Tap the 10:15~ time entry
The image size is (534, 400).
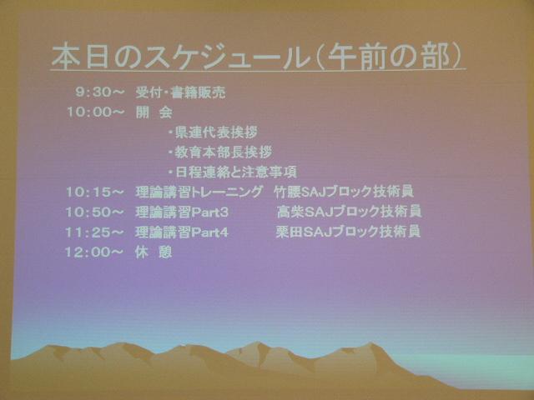(94, 192)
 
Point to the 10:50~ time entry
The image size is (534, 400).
(94, 212)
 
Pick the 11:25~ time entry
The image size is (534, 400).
(94, 232)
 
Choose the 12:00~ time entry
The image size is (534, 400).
(93, 252)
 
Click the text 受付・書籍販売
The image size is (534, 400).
(180, 92)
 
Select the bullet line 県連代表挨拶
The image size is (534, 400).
(214, 132)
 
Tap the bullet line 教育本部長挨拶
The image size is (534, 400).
(220, 152)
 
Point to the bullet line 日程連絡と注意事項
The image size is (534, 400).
(233, 172)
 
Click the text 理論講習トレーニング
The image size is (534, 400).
(199, 192)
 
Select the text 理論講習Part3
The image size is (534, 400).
(182, 212)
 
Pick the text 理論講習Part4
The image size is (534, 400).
(182, 232)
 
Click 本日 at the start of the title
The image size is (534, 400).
(81, 57)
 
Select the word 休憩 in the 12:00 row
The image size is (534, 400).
(154, 252)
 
